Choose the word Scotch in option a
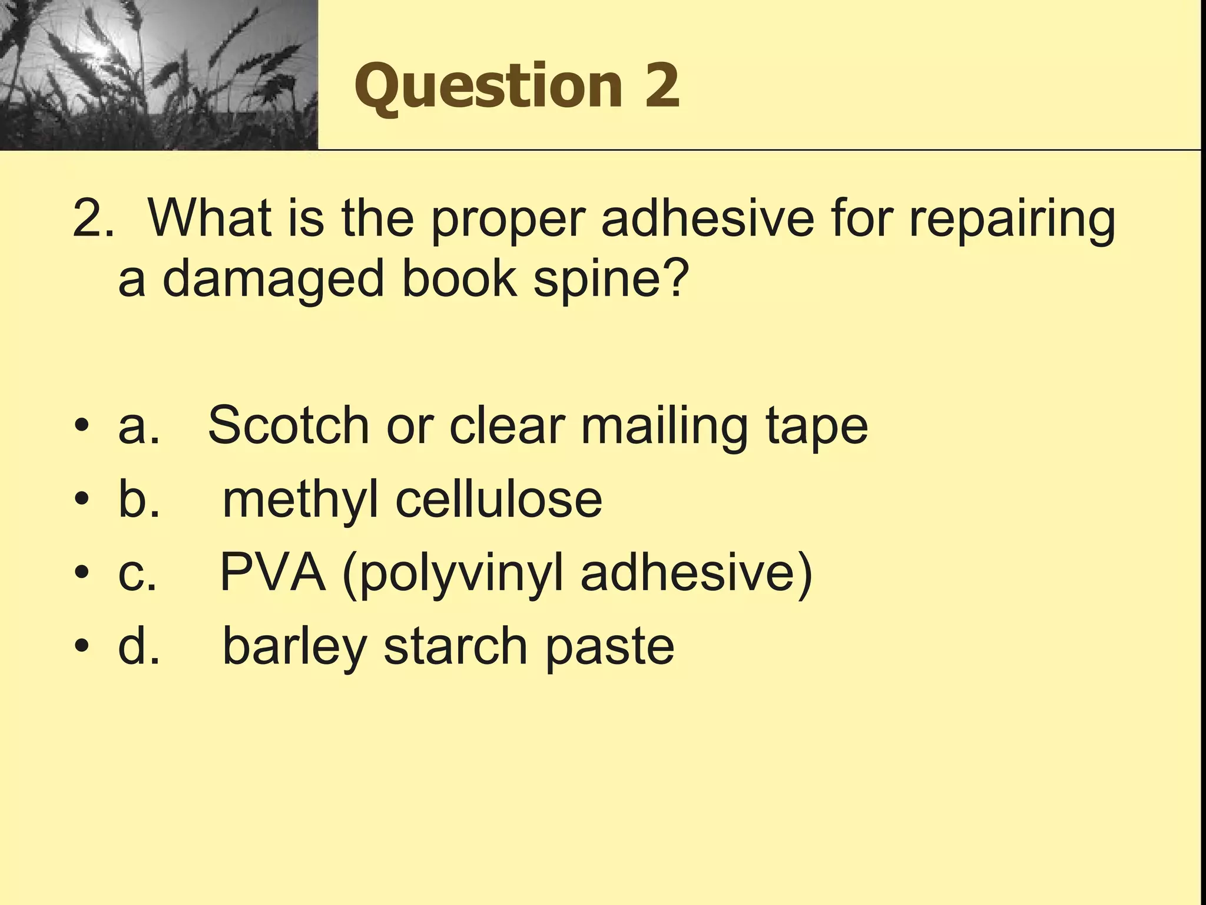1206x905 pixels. coord(289,425)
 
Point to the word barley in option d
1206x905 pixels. coord(295,646)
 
